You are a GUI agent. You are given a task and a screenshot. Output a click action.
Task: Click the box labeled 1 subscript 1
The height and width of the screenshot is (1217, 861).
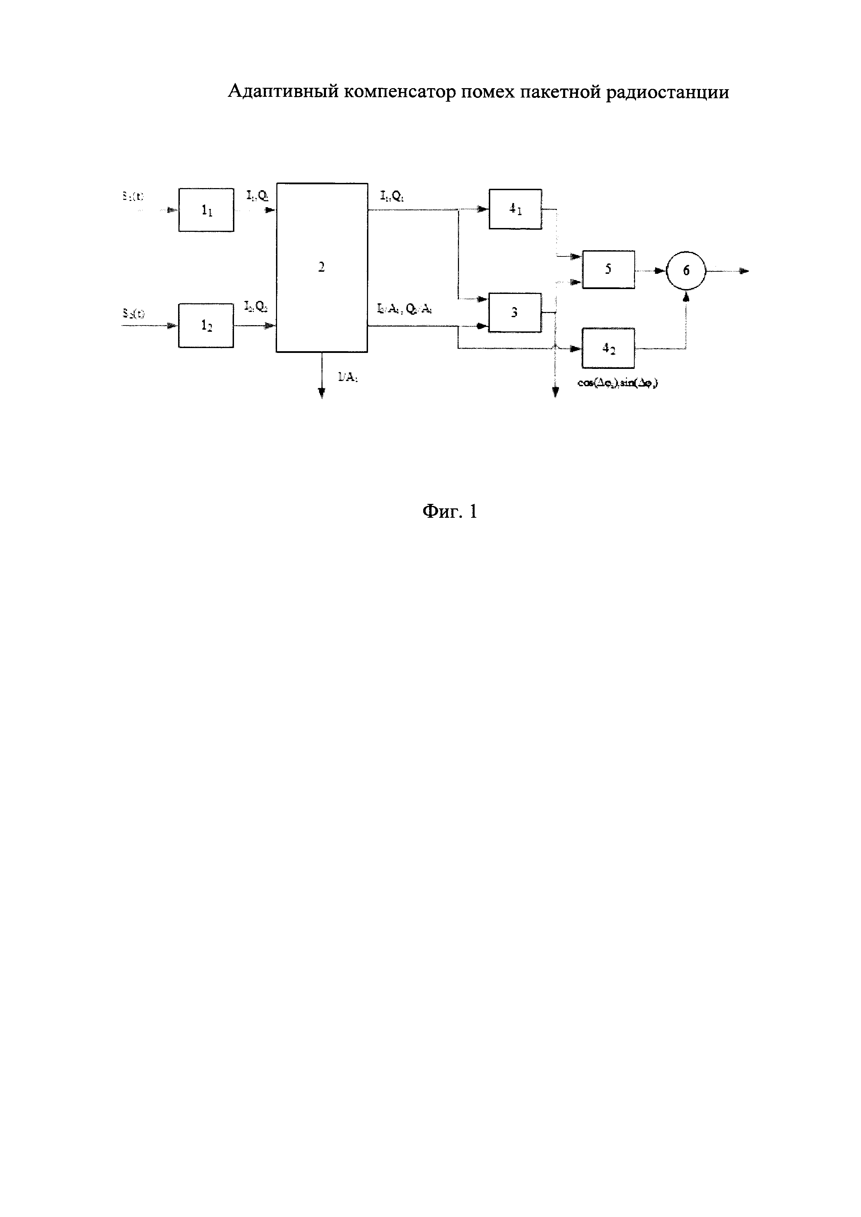(x=206, y=210)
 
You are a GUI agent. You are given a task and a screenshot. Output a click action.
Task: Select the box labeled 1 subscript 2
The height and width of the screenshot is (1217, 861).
(x=206, y=326)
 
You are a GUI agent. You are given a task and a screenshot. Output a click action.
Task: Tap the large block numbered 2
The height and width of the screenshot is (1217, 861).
(x=321, y=267)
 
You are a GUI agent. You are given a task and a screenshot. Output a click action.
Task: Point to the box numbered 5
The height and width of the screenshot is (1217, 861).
(x=608, y=270)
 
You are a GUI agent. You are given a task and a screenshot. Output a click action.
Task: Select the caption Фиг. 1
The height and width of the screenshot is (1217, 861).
(x=450, y=512)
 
